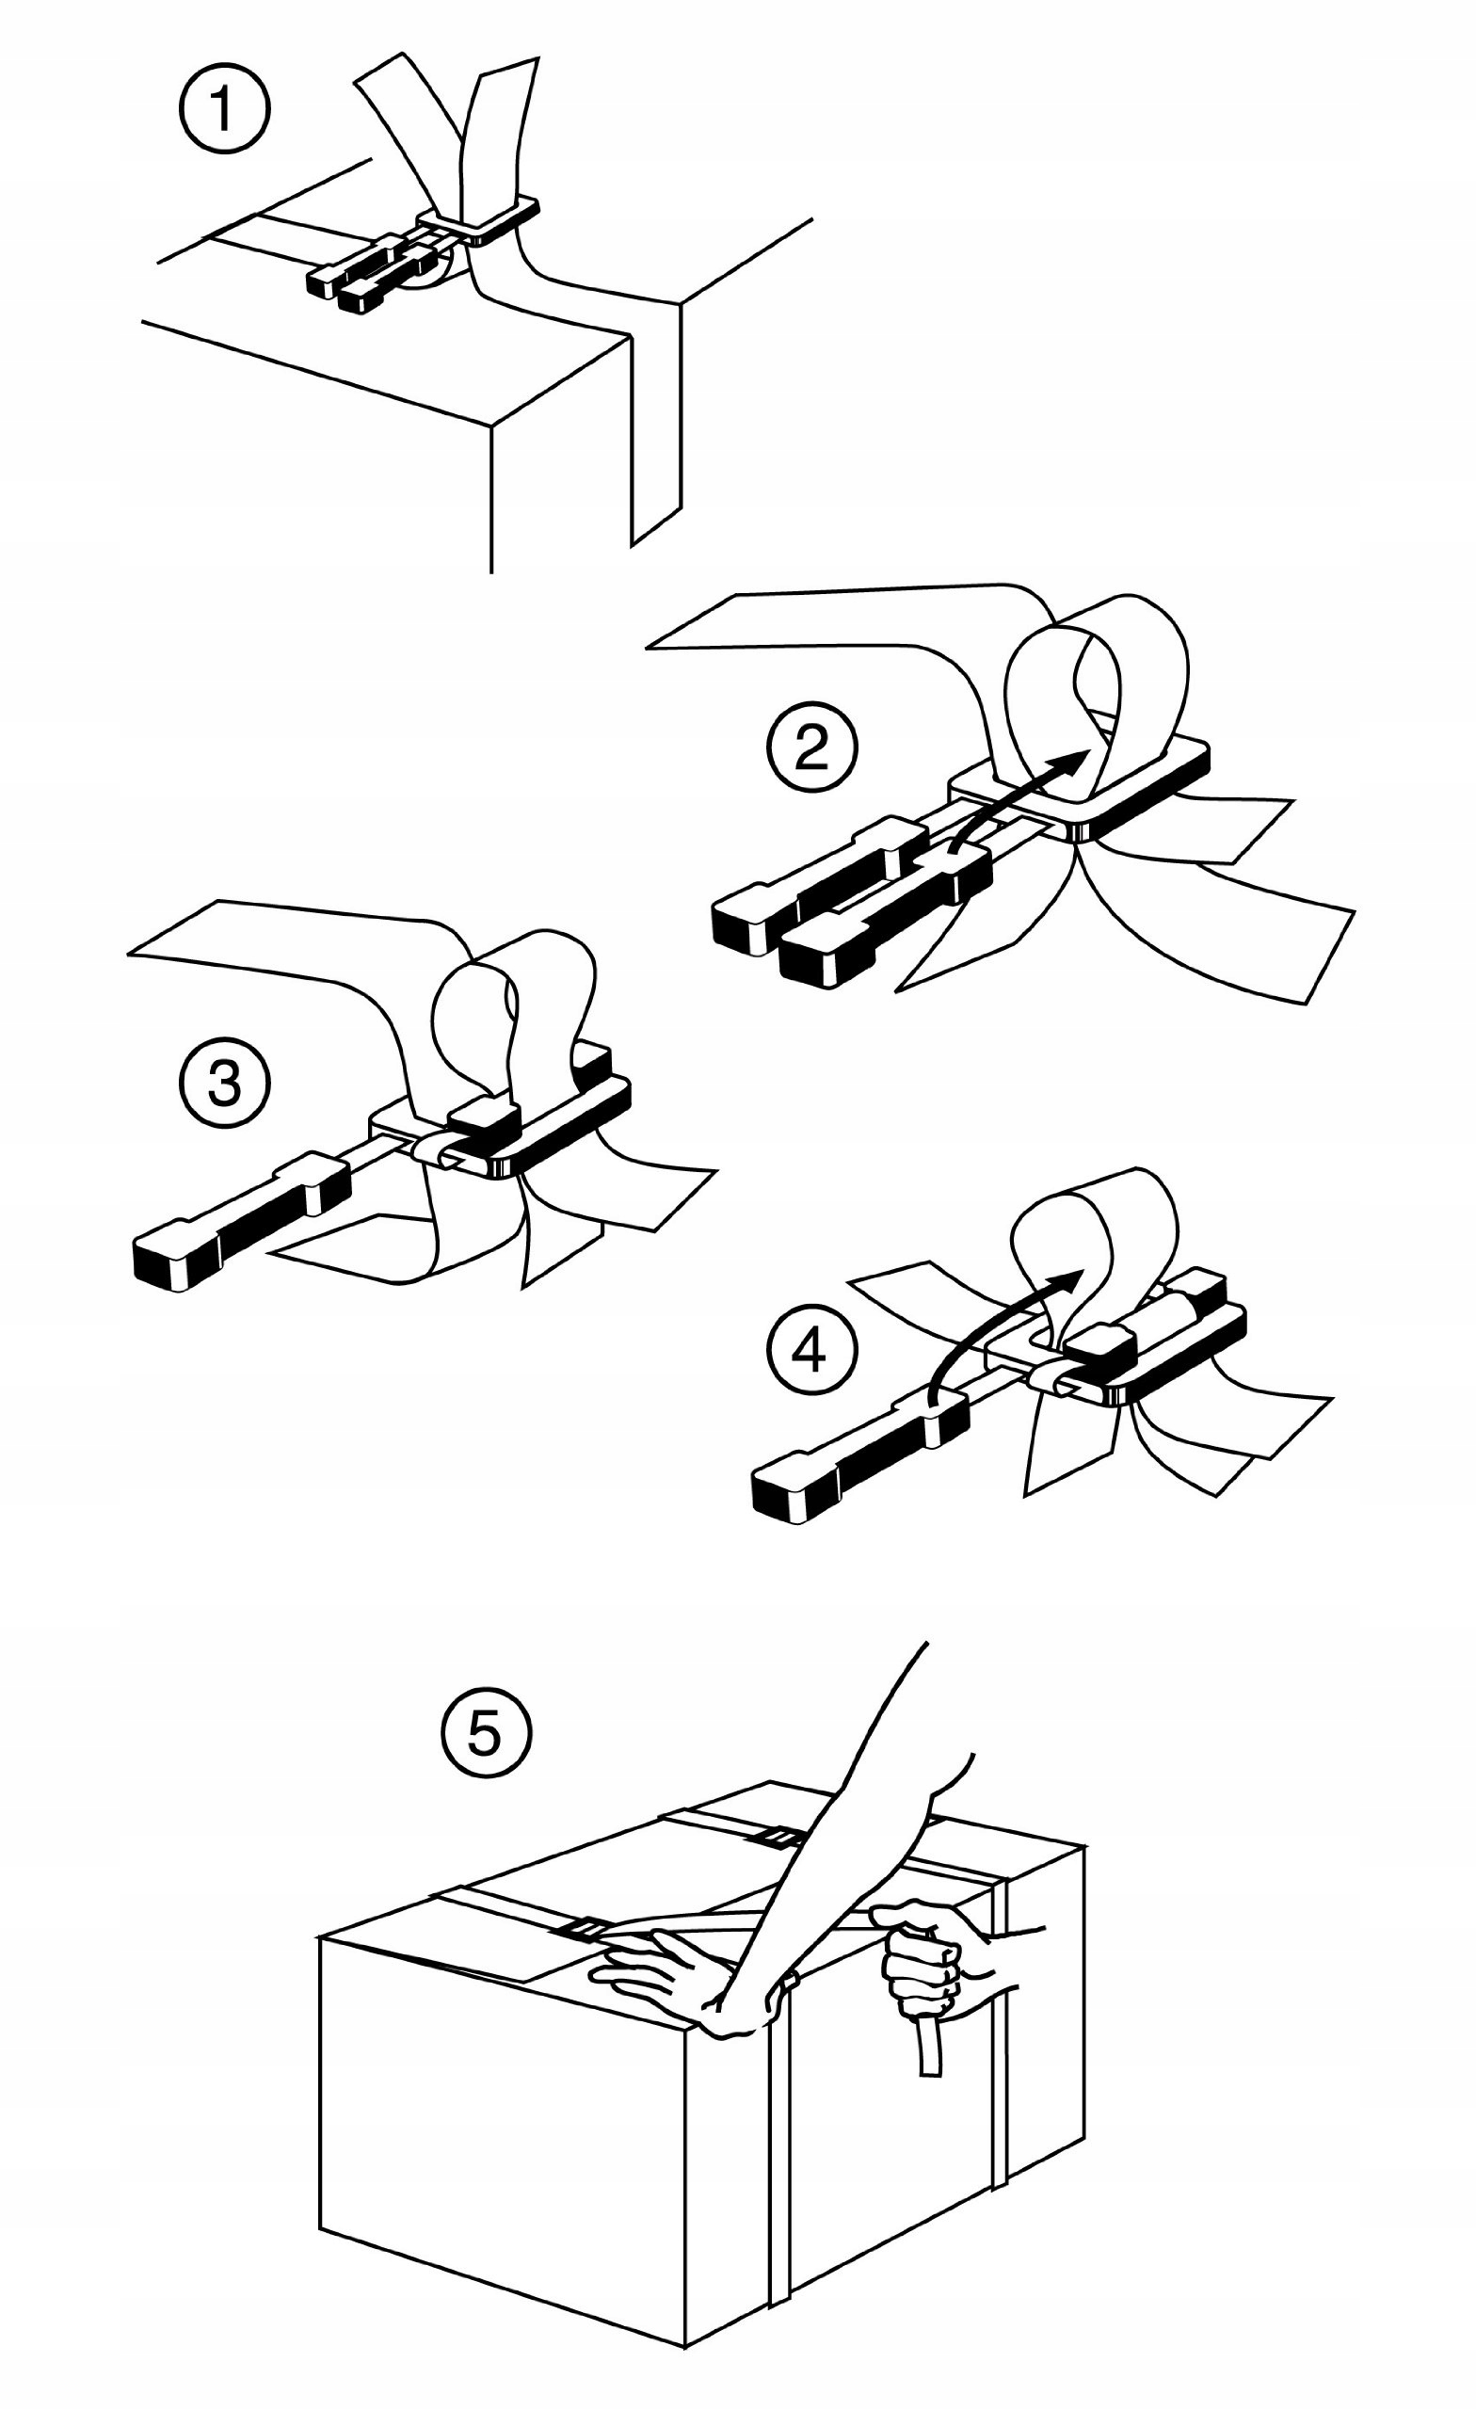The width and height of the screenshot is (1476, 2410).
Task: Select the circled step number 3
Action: coord(224,1084)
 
